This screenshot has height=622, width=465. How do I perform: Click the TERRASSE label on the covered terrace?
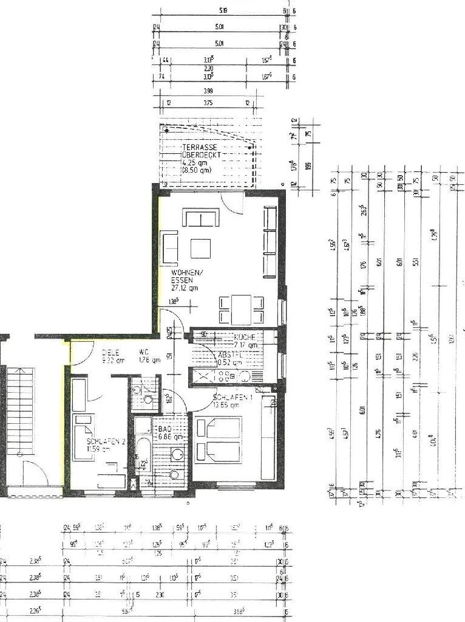[200, 148]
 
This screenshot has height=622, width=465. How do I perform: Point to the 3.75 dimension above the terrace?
[208, 103]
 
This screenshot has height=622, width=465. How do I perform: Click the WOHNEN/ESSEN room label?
[183, 277]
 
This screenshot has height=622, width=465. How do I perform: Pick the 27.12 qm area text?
[185, 289]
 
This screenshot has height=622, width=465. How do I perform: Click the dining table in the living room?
[241, 309]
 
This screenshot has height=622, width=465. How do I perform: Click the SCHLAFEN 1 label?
[228, 399]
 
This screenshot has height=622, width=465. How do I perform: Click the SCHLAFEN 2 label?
[106, 442]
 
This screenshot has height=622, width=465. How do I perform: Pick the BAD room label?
[165, 429]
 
